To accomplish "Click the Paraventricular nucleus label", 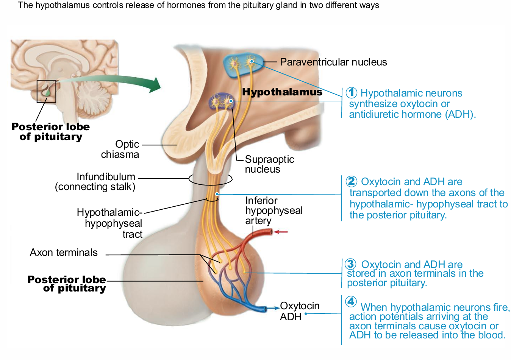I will pos(333,62).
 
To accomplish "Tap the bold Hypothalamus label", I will pos(282,92).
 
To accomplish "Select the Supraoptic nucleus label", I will pos(269,164).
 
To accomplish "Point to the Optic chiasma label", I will pos(120,149).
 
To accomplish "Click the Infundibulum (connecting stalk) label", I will pos(96,182).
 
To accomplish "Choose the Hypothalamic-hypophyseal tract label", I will pos(110,223).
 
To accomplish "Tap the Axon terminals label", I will pos(64,252).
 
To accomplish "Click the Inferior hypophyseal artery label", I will pos(273,210).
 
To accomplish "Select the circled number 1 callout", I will pos(351,92).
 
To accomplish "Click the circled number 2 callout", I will pos(352,181).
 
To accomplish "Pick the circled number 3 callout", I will pos(351,264).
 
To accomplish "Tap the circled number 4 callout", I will pos(351,301).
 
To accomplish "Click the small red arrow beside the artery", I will pos(281,232).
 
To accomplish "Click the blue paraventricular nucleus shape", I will pos(242,65).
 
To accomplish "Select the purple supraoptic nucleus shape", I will pos(222,101).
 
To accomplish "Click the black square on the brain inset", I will pos(46,91).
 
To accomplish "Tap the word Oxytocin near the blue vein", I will pos(300,305).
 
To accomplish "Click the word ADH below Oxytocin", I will pos(291,316).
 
